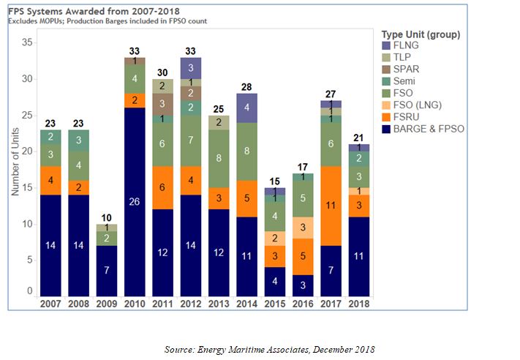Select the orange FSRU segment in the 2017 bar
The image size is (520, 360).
tap(331, 206)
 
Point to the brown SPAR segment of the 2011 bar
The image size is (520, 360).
tap(162, 104)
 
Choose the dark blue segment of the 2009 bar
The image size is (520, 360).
tap(106, 270)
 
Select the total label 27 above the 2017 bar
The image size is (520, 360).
tap(331, 94)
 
